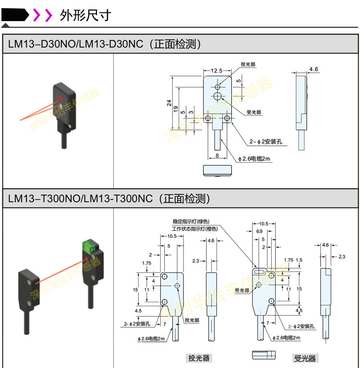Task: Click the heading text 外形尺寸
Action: [x=85, y=15]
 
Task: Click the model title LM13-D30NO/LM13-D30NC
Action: [x=76, y=44]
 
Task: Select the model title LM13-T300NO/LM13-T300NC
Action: [x=80, y=199]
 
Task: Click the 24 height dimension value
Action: [x=169, y=103]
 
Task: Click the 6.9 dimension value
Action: [x=259, y=231]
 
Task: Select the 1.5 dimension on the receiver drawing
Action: [x=299, y=260]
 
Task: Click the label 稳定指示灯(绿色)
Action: [x=191, y=222]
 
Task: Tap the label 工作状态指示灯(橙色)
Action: [x=194, y=229]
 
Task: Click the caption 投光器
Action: [x=199, y=358]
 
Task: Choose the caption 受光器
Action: [x=305, y=358]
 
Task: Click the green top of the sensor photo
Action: [x=87, y=246]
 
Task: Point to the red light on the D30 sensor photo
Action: [x=60, y=99]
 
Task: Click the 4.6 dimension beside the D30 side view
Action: [x=313, y=70]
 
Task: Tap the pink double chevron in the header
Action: [x=42, y=15]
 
